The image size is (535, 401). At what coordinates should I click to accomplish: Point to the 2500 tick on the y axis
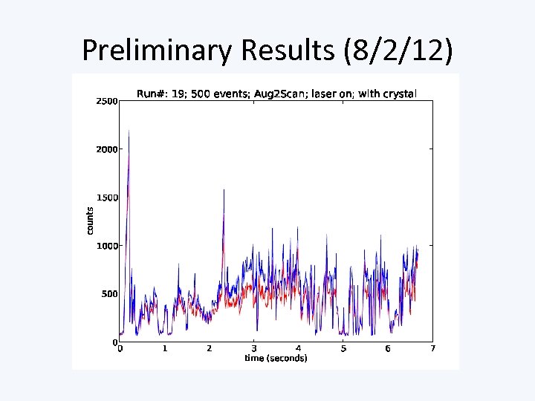click(x=106, y=101)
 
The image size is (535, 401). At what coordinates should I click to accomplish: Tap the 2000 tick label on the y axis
click(x=106, y=149)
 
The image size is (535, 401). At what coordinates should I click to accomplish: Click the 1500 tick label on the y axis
click(x=106, y=198)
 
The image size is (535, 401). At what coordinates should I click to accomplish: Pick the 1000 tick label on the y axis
click(x=106, y=246)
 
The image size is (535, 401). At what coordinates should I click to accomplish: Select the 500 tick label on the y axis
click(x=109, y=294)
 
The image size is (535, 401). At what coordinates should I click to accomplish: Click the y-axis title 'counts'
click(x=90, y=221)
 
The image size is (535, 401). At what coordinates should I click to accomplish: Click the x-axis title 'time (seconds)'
click(x=276, y=359)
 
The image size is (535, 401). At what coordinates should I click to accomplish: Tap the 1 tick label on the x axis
click(x=165, y=349)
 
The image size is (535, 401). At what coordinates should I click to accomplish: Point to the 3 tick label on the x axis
click(x=254, y=349)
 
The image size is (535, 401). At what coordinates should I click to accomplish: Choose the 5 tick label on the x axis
click(x=343, y=349)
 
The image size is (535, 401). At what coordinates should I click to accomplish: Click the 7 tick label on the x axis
click(x=432, y=349)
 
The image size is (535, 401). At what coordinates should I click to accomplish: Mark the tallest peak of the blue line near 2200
click(x=129, y=131)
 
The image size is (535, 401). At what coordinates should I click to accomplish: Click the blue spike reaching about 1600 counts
click(x=224, y=190)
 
